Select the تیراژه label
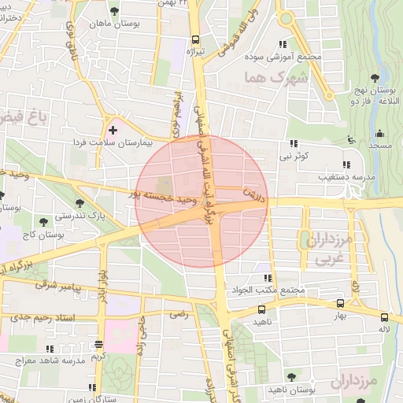(x=194, y=52)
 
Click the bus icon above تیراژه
(x=195, y=41)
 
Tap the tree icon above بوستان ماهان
(x=116, y=12)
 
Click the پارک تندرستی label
(x=83, y=214)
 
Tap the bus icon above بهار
(x=340, y=304)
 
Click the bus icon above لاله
(x=384, y=305)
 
